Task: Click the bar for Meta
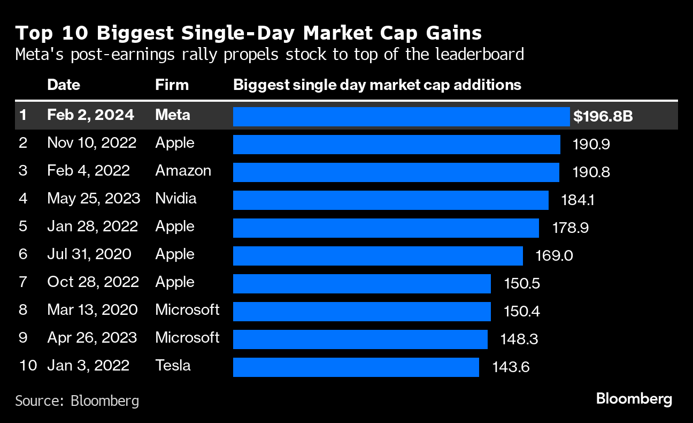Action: pyautogui.click(x=401, y=116)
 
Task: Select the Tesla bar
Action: pyautogui.click(x=356, y=367)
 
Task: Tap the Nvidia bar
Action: pyautogui.click(x=390, y=200)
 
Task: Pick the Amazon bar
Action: pyautogui.click(x=396, y=172)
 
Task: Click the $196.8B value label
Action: pyautogui.click(x=603, y=116)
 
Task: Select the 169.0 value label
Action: pyautogui.click(x=554, y=255)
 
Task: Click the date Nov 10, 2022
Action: pyautogui.click(x=91, y=143)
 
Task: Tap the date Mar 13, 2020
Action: pyautogui.click(x=92, y=310)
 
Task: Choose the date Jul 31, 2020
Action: pyautogui.click(x=89, y=254)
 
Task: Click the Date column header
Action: pyautogui.click(x=64, y=85)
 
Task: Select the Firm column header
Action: pyautogui.click(x=172, y=85)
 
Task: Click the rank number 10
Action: pyautogui.click(x=28, y=366)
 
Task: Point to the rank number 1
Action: pyautogui.click(x=22, y=115)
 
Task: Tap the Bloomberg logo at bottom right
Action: pyautogui.click(x=634, y=399)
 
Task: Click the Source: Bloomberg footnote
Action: pyautogui.click(x=77, y=401)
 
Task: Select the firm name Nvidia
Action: pyautogui.click(x=176, y=199)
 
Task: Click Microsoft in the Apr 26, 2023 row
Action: pyautogui.click(x=187, y=338)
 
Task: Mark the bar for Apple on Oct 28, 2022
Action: pyautogui.click(x=361, y=283)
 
